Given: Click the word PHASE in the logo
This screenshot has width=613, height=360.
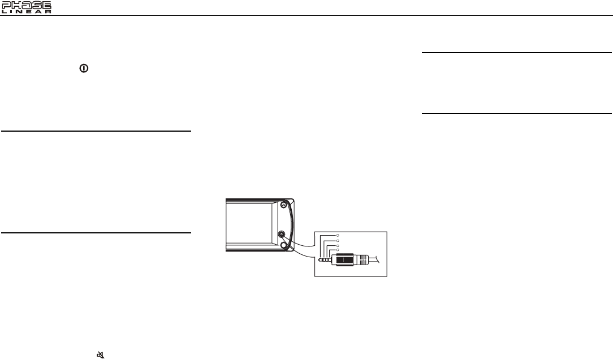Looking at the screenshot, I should point(26,5).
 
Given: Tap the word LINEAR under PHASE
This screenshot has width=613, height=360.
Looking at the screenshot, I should point(26,12).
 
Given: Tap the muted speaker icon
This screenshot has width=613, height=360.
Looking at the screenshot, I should point(101,355).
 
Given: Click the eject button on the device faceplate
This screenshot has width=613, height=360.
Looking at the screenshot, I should point(284,205).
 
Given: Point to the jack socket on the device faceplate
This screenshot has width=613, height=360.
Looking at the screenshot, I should point(282,233).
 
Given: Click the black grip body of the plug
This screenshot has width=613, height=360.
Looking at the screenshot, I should point(345,259).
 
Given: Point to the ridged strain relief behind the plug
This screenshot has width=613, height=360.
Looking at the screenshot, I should point(362,259).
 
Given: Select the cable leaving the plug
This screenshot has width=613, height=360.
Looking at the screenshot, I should point(378,259).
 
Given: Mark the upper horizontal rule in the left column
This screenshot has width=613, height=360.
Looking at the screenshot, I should point(96,131).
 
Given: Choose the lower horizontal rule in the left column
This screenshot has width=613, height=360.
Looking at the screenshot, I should point(96,232).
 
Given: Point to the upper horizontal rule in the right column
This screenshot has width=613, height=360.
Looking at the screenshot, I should point(517,53).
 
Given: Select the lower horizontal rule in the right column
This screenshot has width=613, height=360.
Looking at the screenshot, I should point(517,114).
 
